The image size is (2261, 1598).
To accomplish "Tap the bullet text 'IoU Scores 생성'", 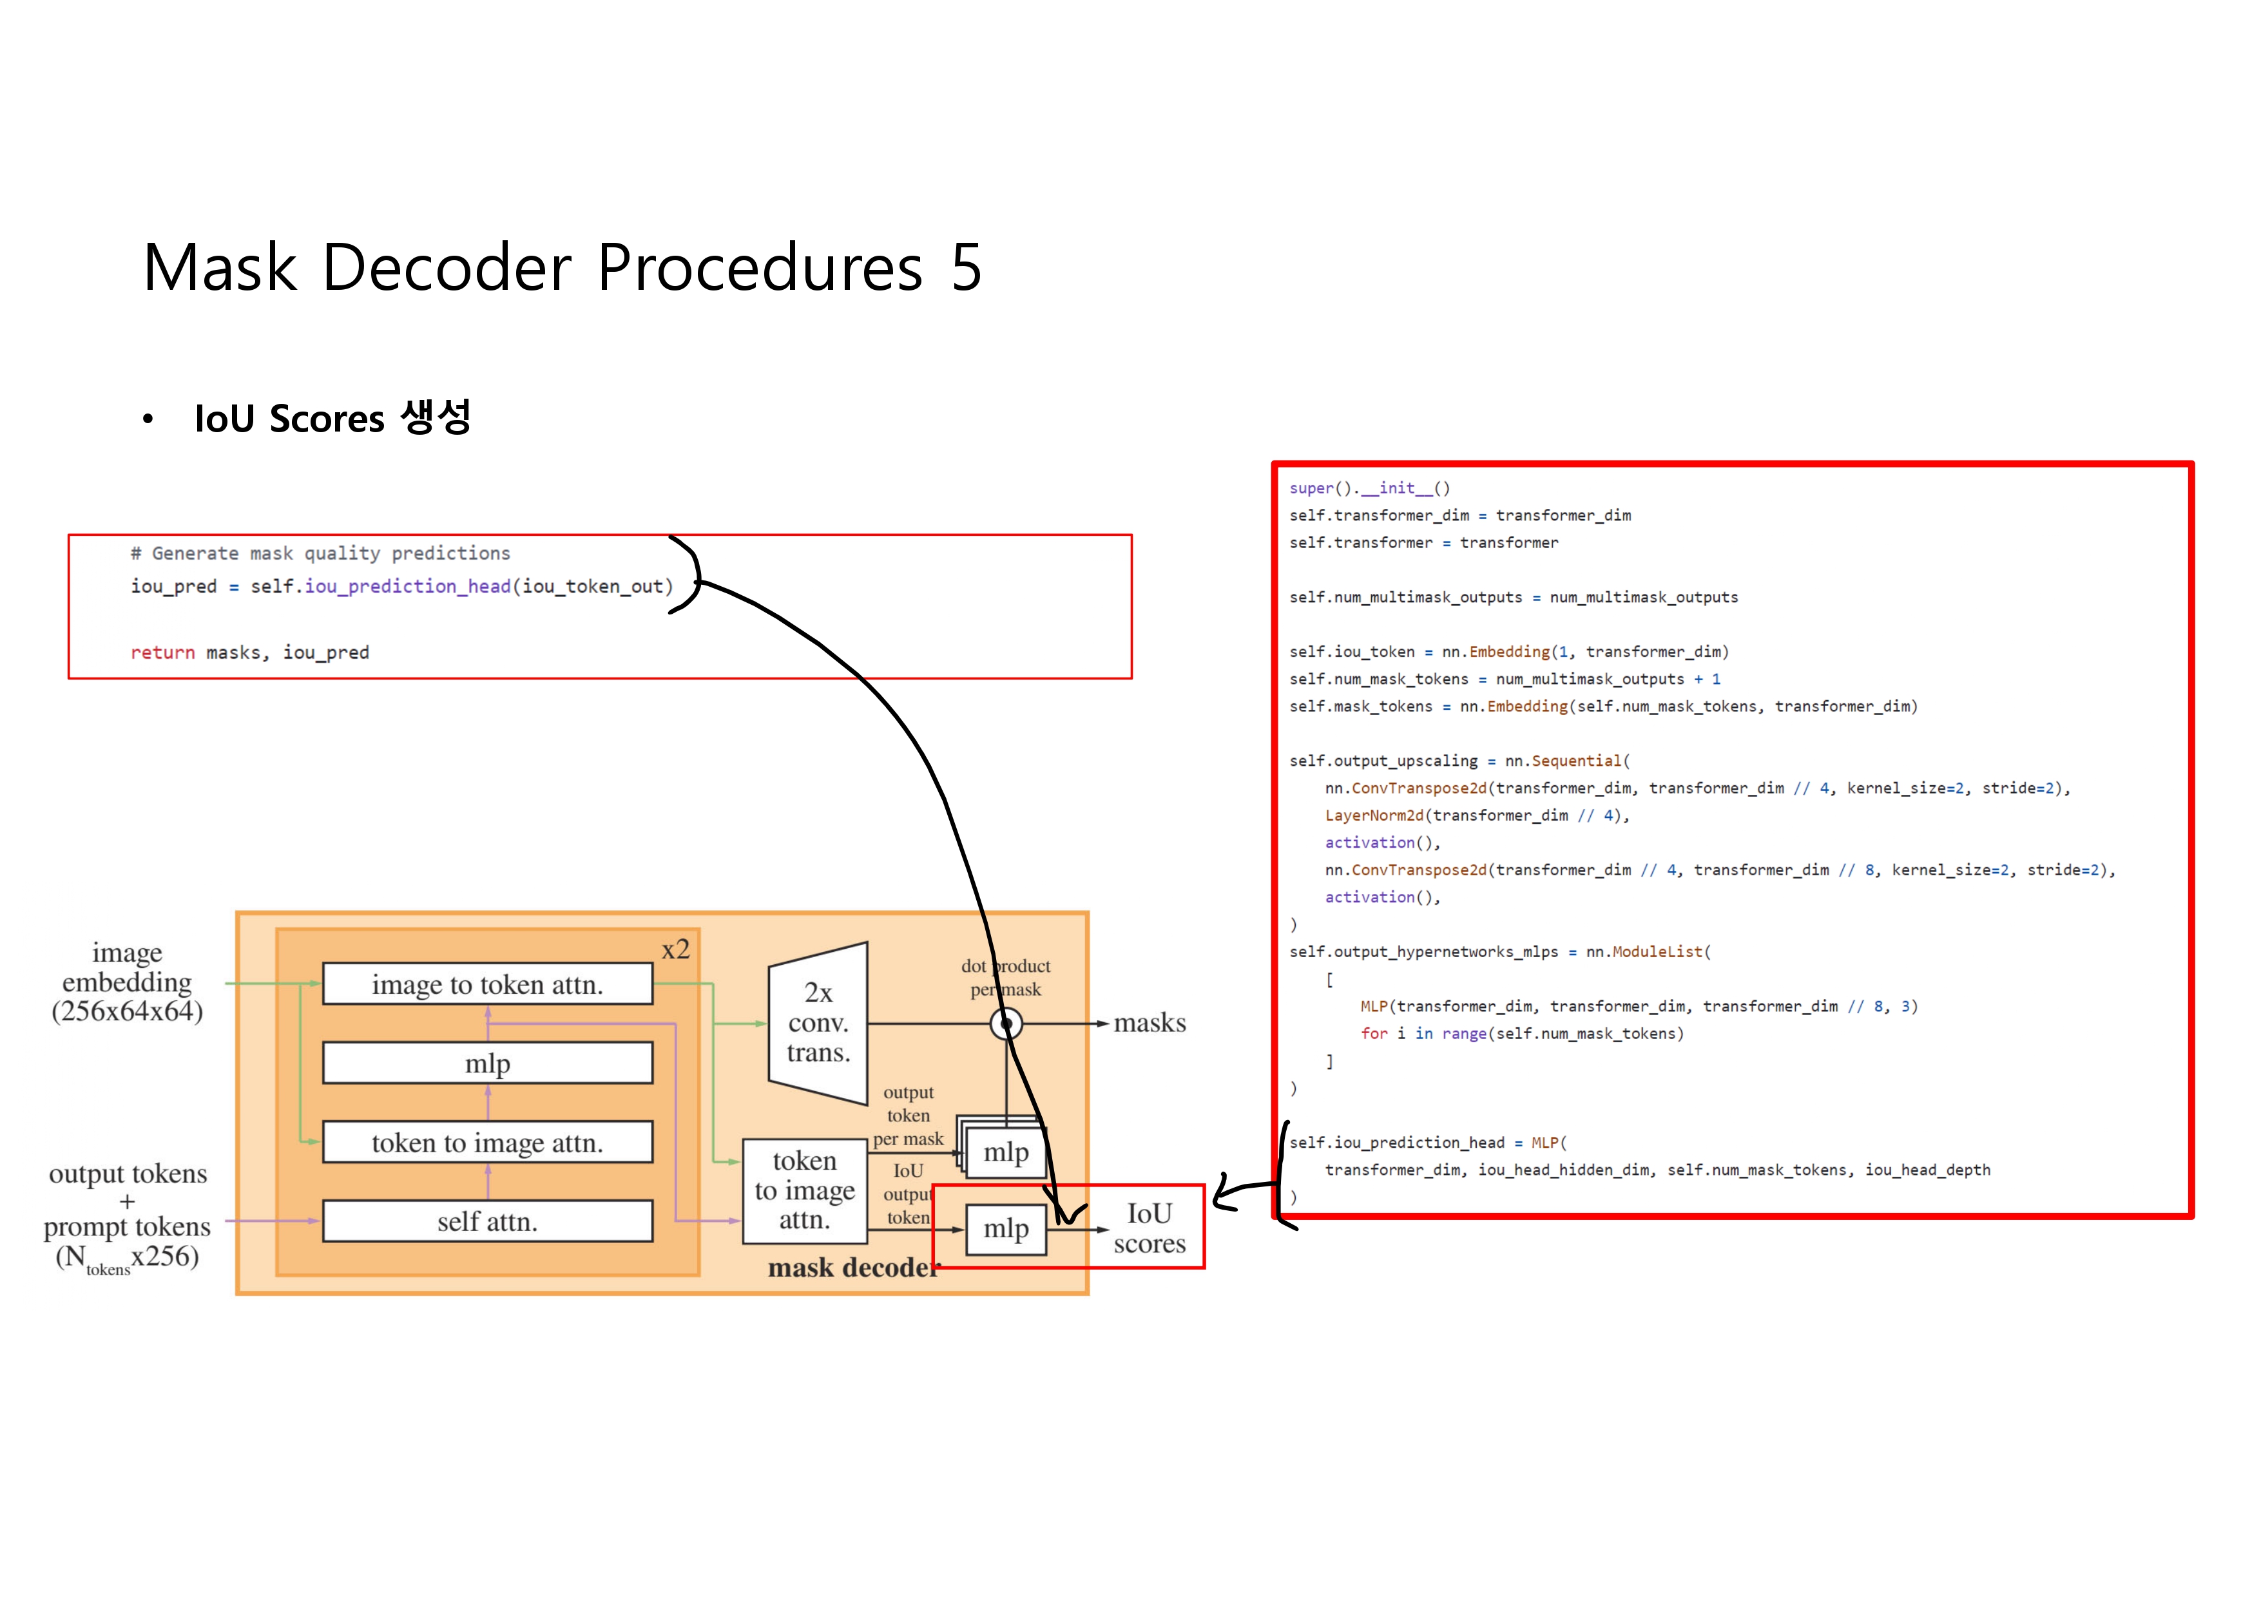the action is pos(333,417).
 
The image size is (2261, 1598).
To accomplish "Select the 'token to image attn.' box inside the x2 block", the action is pos(488,1142).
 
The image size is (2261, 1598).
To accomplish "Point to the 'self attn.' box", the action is pos(488,1221).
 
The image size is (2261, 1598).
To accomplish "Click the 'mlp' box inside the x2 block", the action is pos(488,1063).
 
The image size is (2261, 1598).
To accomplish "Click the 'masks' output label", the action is pos(1150,1023).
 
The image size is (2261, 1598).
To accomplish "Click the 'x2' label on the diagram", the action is pos(675,949).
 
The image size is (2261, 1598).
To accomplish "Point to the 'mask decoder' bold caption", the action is pos(853,1267).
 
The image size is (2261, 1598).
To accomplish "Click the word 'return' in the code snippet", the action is pos(162,652).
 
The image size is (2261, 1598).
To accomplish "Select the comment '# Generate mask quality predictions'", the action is pos(320,553).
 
